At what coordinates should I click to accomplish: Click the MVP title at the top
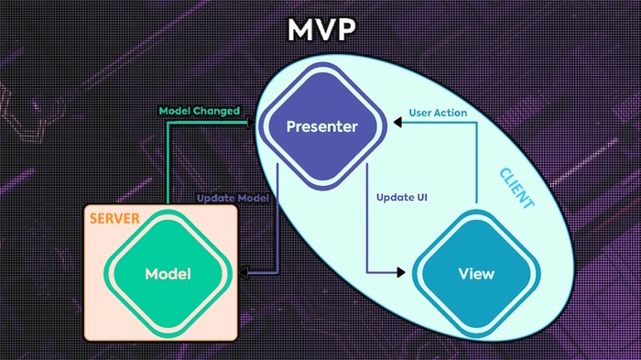[x=320, y=30]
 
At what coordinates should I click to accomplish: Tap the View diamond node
[x=474, y=273]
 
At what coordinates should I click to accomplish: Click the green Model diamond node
[x=167, y=274]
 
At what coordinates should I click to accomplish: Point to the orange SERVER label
[x=114, y=220]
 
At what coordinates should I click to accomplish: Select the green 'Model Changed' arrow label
[x=199, y=112]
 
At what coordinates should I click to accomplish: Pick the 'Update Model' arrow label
[x=234, y=198]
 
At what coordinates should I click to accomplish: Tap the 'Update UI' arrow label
[x=402, y=198]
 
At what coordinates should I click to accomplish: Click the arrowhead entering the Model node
[x=240, y=273]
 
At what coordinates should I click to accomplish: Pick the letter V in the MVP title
[x=320, y=30]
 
